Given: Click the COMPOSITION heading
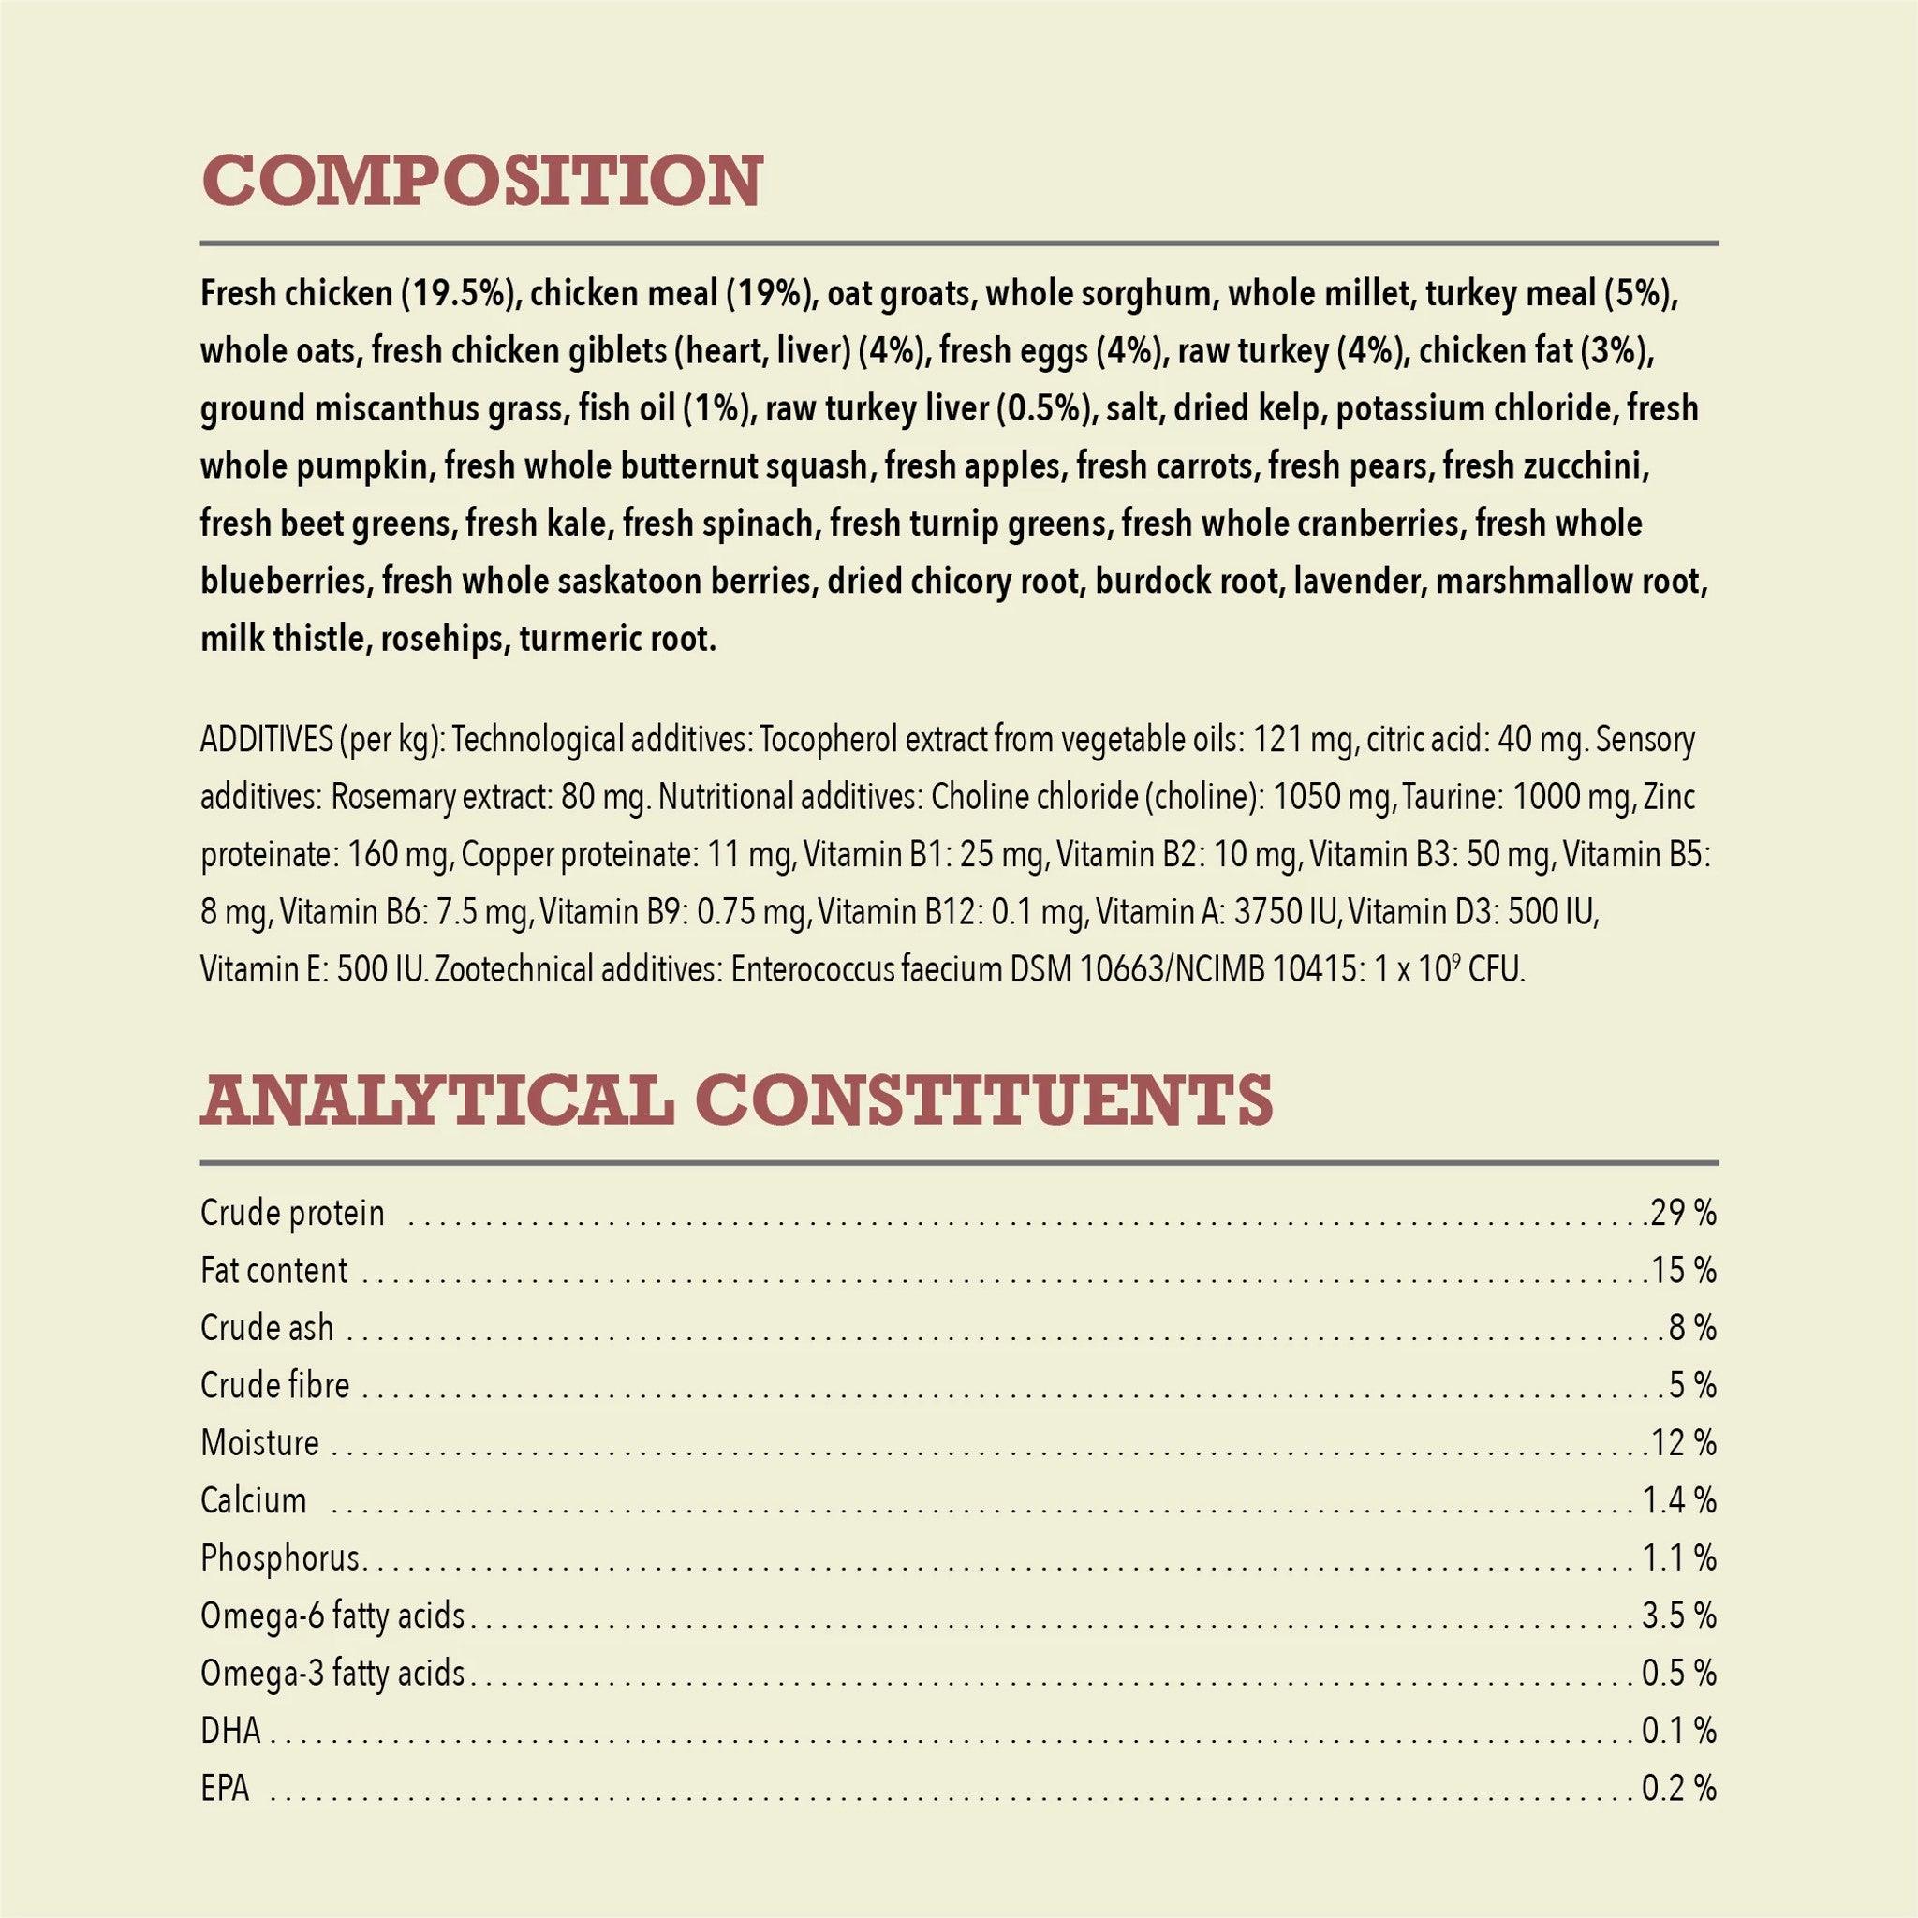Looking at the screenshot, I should pos(481,181).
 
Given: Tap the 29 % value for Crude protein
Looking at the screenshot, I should pos(1683,1213).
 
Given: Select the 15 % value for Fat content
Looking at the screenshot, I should pos(1683,1271).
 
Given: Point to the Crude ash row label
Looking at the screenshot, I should pos(267,1328).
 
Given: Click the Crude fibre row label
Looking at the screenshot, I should pos(275,1385).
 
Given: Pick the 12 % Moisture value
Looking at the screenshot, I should pos(1683,1442).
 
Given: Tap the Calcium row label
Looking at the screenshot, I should pos(253,1500).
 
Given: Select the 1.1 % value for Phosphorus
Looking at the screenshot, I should pos(1679,1557).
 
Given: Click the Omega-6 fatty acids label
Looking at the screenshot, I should pos(332,1616).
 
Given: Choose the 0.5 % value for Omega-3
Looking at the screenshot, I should pos(1679,1673).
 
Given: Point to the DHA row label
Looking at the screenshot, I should pos(230,1731).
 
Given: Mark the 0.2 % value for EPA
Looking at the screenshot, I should pos(1679,1788).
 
